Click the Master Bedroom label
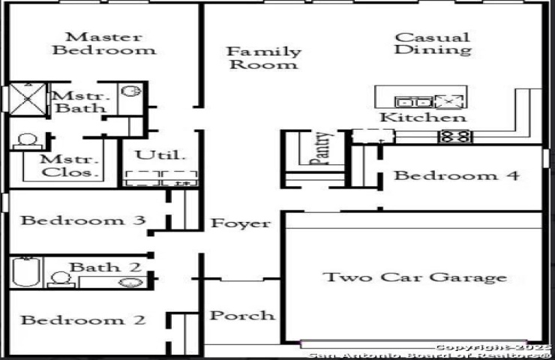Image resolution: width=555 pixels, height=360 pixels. point(104,43)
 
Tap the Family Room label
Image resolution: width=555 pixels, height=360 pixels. point(264,58)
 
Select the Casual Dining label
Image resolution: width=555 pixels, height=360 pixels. point(433,43)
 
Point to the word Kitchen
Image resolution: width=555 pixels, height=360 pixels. point(423,117)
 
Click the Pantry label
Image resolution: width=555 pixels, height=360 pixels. point(321,148)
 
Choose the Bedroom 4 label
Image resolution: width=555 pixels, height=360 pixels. point(457,175)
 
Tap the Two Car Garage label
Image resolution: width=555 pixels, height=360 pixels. point(415,277)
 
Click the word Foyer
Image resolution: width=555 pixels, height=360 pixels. point(241,223)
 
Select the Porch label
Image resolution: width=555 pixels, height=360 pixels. point(242,316)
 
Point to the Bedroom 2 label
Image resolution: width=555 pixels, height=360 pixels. point(83,320)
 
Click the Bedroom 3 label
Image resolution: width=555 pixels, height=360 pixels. point(83,220)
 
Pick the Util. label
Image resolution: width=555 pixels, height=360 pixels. point(160,155)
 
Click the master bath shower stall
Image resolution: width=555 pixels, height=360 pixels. point(28,99)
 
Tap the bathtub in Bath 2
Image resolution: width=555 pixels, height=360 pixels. point(25,271)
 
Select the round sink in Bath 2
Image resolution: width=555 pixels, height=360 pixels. point(131,283)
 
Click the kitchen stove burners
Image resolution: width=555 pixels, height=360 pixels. point(455,136)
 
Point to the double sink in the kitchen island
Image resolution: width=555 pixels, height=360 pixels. point(413,102)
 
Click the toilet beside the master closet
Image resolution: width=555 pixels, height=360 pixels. point(27,142)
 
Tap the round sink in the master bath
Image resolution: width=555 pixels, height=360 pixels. point(131,91)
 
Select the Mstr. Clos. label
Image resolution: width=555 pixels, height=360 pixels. point(69,166)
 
